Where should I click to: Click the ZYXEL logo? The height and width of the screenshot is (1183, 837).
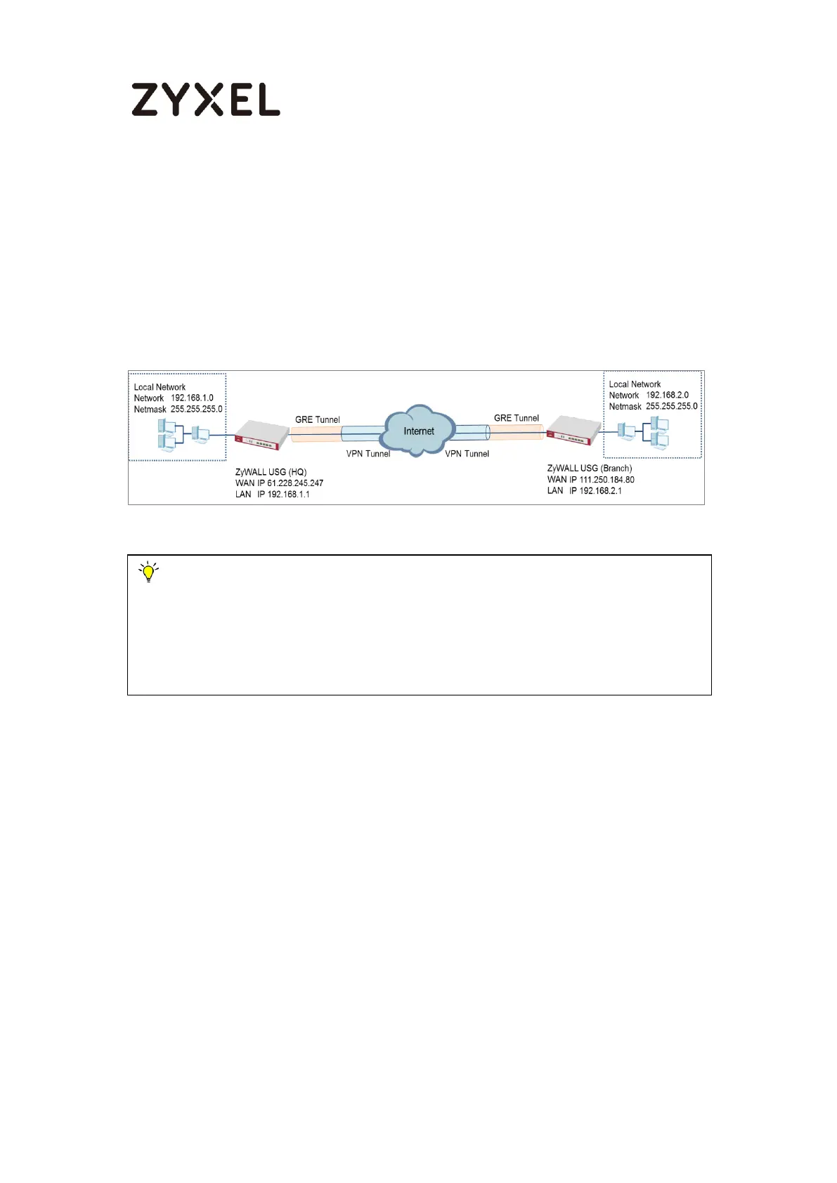pyautogui.click(x=205, y=99)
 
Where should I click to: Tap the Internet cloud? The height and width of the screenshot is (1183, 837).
pyautogui.click(x=418, y=431)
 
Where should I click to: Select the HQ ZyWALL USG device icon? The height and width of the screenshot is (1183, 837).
pyautogui.click(x=261, y=436)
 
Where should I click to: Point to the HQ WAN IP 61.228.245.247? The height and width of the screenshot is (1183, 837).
pyautogui.click(x=294, y=483)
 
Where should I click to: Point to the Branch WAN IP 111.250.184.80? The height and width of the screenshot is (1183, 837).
pyautogui.click(x=606, y=480)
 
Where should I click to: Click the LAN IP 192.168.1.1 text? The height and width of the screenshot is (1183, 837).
pyautogui.click(x=283, y=495)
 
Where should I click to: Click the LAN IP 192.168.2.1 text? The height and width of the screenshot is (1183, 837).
pyautogui.click(x=595, y=491)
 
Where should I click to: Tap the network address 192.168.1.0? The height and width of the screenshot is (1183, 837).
pyautogui.click(x=192, y=398)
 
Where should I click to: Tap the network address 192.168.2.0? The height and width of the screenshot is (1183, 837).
pyautogui.click(x=667, y=396)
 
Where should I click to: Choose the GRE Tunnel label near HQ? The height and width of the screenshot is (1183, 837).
pyautogui.click(x=317, y=420)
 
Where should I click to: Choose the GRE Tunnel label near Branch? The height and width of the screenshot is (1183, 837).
pyautogui.click(x=517, y=418)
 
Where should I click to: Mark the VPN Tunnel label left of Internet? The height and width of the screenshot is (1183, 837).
pyautogui.click(x=368, y=454)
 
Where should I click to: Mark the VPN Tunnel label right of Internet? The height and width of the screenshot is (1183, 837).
pyautogui.click(x=467, y=454)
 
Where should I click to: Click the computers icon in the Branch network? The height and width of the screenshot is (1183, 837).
pyautogui.click(x=644, y=432)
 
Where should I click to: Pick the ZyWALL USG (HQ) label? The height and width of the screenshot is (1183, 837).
pyautogui.click(x=271, y=472)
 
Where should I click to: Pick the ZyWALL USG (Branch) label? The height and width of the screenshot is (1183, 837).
pyautogui.click(x=589, y=469)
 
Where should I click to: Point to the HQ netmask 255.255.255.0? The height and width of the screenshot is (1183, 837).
pyautogui.click(x=196, y=410)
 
